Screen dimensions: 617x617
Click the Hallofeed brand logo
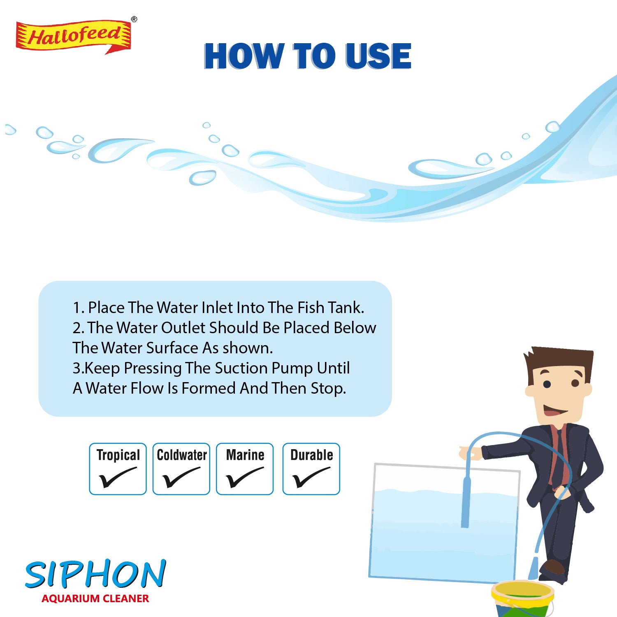tap(73, 36)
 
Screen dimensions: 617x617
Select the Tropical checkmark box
tap(118, 469)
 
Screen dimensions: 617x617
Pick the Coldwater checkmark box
tap(181, 469)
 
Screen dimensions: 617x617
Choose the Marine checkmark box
tap(245, 469)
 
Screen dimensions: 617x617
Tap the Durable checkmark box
tap(311, 469)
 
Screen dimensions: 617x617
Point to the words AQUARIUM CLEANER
tap(95, 598)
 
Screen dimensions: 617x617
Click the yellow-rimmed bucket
tap(523, 598)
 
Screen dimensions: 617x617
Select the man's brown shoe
tap(552, 568)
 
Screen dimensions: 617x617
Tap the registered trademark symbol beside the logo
tap(134, 19)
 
